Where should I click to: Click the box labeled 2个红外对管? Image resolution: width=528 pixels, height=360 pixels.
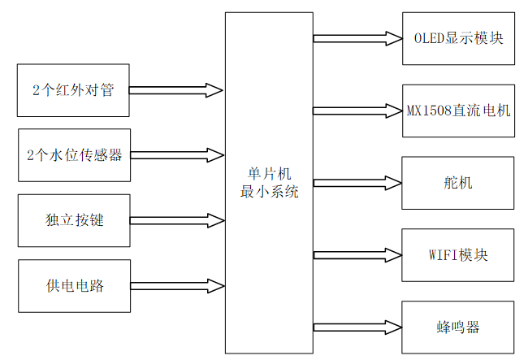73,90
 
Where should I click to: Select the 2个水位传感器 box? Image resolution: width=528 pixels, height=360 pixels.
73,154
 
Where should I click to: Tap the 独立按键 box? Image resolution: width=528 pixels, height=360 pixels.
73,220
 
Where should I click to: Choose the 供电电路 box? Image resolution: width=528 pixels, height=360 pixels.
73,285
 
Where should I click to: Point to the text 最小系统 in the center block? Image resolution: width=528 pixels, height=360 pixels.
268,193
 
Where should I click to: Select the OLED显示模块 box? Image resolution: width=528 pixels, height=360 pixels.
458,38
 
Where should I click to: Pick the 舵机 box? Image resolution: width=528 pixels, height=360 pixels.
458,183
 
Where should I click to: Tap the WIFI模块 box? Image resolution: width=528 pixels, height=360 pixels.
458,255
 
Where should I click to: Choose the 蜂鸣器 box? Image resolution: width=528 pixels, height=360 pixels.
458,327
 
